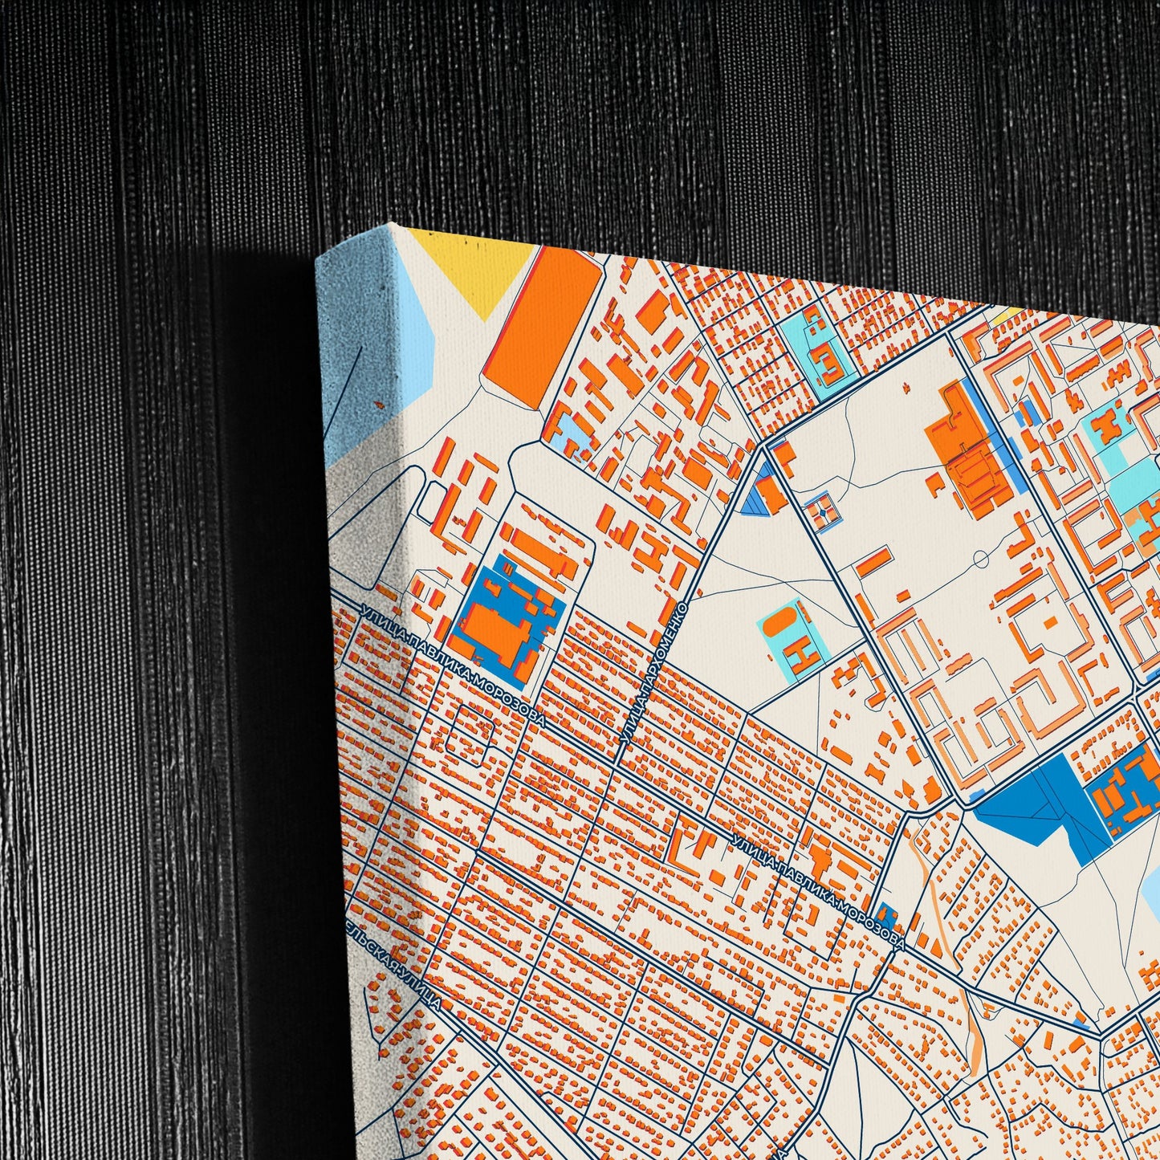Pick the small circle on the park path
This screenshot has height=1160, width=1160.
coord(980,558)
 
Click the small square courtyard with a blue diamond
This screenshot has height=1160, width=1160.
coord(823,511)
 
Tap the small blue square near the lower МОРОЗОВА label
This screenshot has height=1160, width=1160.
coord(886,914)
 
